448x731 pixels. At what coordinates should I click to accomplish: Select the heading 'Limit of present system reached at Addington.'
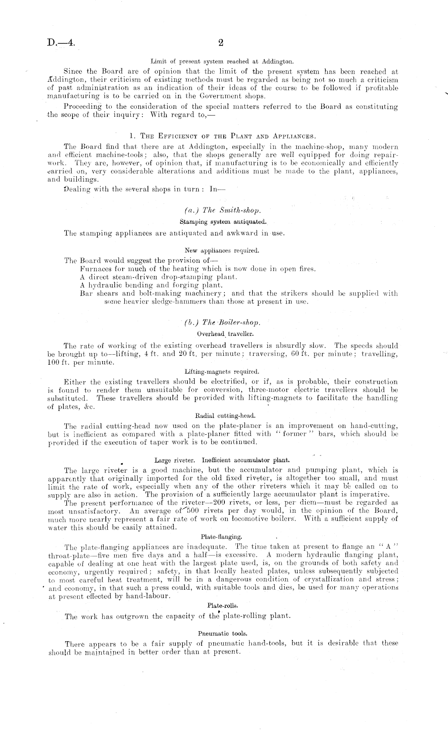tap(222, 62)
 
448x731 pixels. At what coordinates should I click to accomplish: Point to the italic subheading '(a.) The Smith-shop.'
tap(222, 210)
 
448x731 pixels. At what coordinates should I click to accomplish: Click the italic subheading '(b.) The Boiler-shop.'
tap(222, 322)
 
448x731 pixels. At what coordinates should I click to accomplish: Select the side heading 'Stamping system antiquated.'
tap(222, 222)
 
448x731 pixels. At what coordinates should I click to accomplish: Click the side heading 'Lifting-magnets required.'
tap(222, 371)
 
